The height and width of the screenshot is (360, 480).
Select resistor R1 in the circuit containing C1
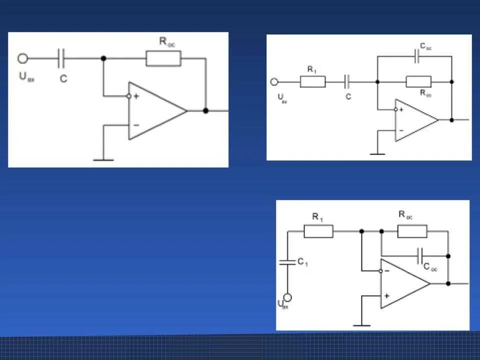[318, 231]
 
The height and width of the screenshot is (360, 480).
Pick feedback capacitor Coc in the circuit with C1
[420, 255]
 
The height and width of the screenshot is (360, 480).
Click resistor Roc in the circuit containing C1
[412, 231]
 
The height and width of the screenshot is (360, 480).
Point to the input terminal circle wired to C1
[287, 297]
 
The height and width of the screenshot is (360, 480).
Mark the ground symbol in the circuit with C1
[361, 325]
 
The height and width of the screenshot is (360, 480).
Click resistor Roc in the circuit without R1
[163, 58]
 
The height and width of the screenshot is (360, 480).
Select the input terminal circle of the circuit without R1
[22, 58]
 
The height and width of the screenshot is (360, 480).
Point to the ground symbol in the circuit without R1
[103, 159]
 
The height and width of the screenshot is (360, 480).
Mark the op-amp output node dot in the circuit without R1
[205, 110]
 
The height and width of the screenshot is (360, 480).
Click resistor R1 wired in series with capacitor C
[312, 82]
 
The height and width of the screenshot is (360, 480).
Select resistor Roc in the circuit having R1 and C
[418, 81]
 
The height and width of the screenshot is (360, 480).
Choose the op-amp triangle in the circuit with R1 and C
[415, 120]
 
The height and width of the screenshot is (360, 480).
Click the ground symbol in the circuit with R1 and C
[377, 153]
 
